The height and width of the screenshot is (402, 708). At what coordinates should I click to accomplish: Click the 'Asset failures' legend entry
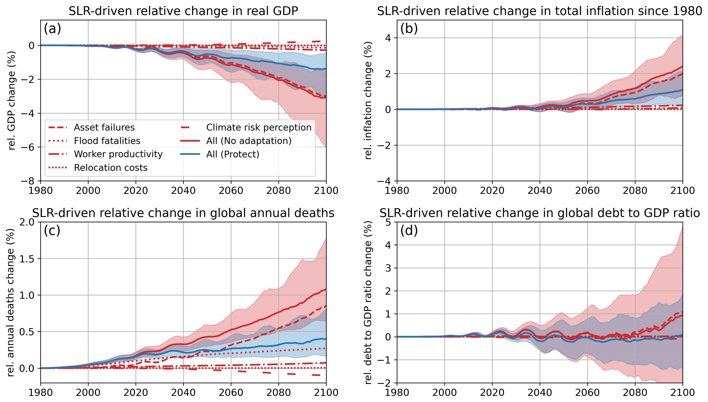(104, 128)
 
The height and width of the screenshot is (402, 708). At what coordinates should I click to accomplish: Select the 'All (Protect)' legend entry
(233, 154)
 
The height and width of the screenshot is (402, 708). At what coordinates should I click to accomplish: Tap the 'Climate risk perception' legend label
(259, 128)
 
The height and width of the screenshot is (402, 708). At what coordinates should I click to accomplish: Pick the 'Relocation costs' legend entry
(110, 168)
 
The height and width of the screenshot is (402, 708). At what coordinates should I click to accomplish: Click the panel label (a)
(52, 29)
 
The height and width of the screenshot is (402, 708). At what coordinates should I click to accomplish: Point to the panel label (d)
(409, 231)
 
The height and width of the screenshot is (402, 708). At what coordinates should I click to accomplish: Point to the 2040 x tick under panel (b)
(539, 191)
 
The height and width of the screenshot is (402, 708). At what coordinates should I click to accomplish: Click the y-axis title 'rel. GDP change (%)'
(11, 100)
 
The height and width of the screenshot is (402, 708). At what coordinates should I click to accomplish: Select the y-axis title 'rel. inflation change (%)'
(368, 100)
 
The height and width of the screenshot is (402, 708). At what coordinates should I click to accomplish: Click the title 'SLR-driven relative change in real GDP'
(183, 11)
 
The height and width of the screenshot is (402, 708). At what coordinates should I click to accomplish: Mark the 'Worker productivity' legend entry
(118, 154)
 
